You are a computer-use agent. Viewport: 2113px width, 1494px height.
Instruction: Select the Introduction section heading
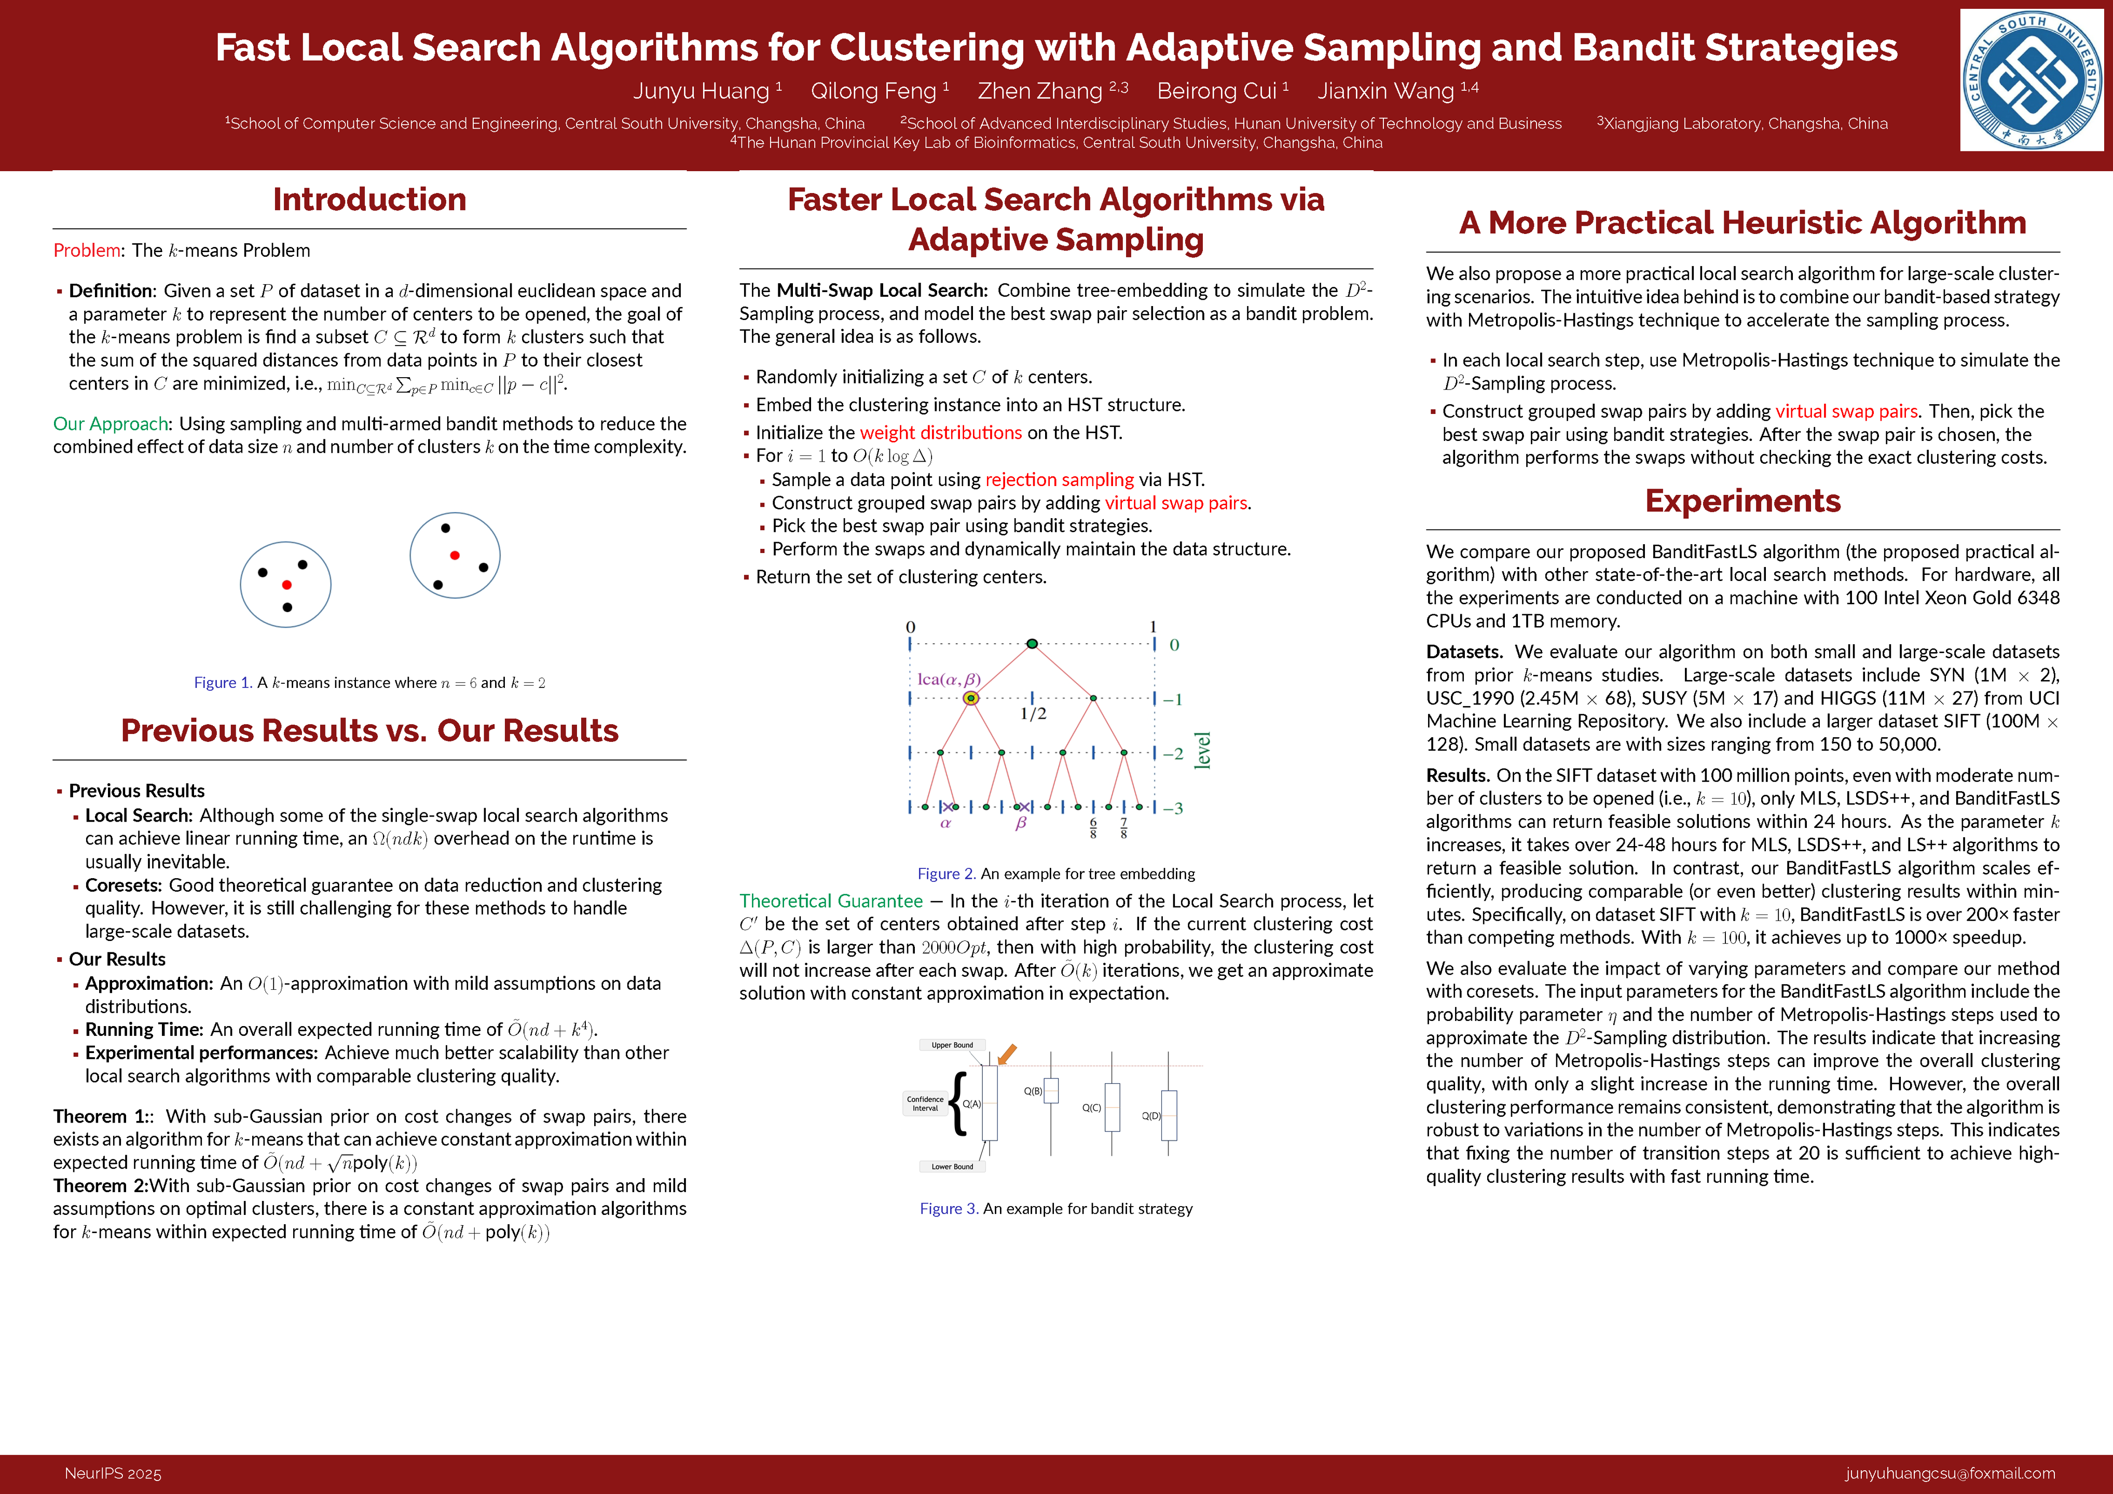tap(369, 200)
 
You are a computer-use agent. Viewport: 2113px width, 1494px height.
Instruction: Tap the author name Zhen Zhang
tap(1040, 91)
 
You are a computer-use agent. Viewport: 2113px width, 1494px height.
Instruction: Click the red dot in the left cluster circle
tap(287, 585)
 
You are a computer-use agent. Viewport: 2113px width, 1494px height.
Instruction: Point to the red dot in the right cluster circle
tap(455, 555)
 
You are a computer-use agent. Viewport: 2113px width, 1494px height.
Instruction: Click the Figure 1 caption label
tap(223, 683)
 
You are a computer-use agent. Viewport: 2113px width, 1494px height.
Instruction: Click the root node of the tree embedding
tap(1032, 644)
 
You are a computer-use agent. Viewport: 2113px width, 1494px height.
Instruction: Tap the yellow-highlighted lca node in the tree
tap(970, 698)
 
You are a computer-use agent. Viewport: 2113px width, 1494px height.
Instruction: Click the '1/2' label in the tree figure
tap(1033, 714)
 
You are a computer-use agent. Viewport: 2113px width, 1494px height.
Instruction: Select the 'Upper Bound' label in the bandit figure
tap(952, 1045)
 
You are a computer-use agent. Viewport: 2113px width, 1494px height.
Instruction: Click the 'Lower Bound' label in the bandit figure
tap(952, 1167)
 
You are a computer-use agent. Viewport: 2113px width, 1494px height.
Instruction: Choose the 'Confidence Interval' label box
tap(925, 1103)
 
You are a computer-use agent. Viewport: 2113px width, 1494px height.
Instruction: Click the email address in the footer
tap(1949, 1474)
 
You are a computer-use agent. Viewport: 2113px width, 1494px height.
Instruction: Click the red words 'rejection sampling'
tap(1059, 479)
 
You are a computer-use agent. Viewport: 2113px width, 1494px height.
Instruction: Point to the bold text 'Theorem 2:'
tap(100, 1186)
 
